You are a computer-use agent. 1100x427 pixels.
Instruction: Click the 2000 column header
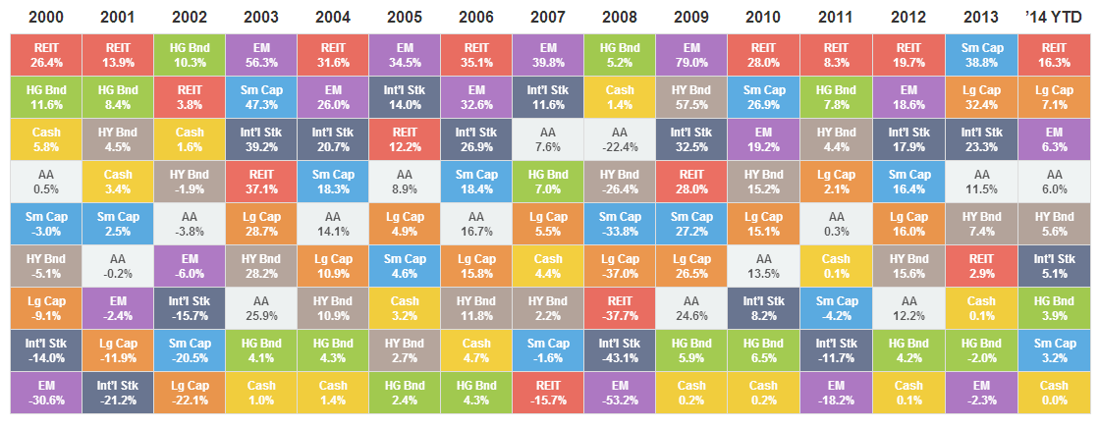point(45,16)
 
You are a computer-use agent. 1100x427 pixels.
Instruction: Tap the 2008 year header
point(619,16)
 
